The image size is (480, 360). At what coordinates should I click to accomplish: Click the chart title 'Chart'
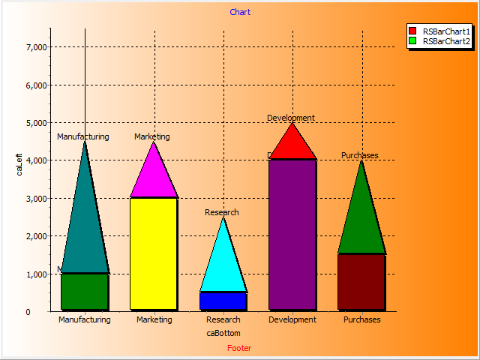coord(240,12)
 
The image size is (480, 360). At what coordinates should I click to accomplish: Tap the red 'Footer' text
coord(240,348)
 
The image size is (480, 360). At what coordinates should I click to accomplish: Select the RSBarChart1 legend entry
coord(445,31)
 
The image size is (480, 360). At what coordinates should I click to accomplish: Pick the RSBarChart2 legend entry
coord(445,41)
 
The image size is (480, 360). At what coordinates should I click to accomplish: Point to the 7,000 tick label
coord(36,47)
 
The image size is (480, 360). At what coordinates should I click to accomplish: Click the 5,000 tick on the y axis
coord(36,123)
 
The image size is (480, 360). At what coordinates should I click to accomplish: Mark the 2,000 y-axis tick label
coord(36,236)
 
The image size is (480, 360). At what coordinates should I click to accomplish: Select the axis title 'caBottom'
coord(223,332)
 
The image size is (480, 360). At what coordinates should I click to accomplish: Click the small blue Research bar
coord(223,301)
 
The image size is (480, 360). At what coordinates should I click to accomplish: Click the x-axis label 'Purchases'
coord(362,319)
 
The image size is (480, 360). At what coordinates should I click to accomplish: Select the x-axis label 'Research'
coord(223,319)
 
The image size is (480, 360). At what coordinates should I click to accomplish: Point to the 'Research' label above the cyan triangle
coord(222,212)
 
